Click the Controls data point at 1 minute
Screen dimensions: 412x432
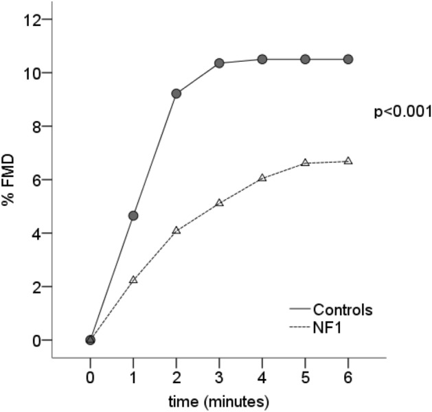133,216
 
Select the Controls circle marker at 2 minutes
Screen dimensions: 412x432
176,93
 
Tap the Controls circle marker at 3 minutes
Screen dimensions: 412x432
219,63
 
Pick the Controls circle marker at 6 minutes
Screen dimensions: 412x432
348,59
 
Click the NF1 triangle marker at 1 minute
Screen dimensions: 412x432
133,280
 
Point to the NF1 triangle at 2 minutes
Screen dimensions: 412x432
176,231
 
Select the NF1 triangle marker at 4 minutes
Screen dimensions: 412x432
262,178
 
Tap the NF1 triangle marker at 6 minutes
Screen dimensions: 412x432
348,161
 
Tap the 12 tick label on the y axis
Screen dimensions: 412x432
32,19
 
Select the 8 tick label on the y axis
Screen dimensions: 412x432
35,126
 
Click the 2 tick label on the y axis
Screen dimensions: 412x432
35,286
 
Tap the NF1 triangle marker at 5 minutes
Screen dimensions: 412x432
305,163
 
